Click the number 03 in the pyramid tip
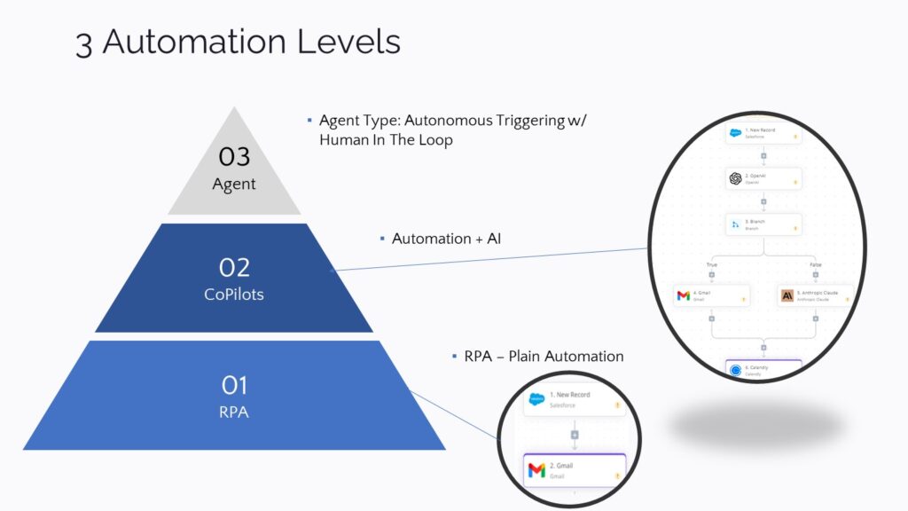[234, 157]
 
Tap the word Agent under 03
[234, 185]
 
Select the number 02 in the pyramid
[234, 267]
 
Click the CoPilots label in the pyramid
[234, 294]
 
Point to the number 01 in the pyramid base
[234, 385]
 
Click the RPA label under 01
[234, 412]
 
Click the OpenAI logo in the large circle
[735, 178]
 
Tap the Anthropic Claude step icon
[787, 295]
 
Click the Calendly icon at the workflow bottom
[735, 371]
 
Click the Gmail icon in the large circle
[684, 295]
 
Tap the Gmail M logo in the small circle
[536, 469]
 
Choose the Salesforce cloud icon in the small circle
[536, 399]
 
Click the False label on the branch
[815, 263]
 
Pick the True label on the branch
[711, 263]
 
